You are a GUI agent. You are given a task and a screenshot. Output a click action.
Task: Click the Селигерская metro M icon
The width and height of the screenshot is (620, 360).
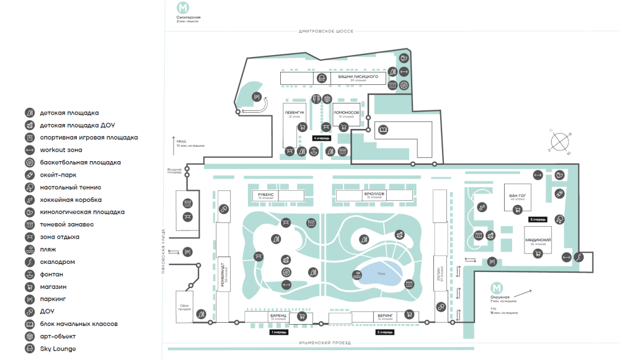[183, 8]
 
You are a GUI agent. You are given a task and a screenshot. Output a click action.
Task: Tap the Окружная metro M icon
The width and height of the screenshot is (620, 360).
[496, 288]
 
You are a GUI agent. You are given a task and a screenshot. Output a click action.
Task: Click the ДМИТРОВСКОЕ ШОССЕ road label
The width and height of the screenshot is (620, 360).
[327, 31]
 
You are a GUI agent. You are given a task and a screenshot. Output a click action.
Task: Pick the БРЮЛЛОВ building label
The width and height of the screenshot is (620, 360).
[376, 194]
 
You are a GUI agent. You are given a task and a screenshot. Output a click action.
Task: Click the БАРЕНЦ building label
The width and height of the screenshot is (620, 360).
[278, 315]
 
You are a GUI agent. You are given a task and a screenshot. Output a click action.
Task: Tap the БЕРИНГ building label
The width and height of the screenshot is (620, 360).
[385, 315]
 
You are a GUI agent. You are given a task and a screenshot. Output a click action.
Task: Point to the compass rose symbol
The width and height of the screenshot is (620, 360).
[562, 142]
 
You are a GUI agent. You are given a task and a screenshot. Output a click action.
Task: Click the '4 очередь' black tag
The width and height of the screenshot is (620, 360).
[322, 138]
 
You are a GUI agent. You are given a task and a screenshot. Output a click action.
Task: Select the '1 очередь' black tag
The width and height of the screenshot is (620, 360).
[279, 333]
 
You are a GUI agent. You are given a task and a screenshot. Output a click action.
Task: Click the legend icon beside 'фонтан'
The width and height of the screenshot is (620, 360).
[30, 274]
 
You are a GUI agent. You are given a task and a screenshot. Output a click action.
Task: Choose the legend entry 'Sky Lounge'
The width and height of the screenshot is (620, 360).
[58, 349]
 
